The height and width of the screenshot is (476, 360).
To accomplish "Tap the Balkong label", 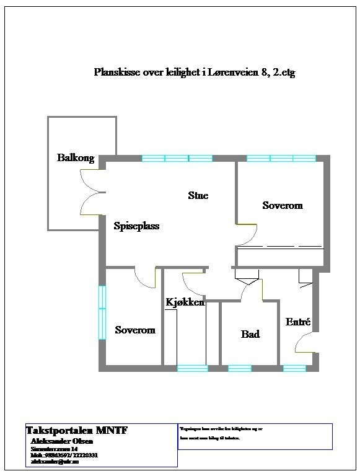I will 76,157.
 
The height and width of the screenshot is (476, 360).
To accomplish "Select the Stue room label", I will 198,196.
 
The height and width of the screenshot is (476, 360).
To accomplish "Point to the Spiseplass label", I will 136,226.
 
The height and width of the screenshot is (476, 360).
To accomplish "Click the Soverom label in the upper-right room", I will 283,205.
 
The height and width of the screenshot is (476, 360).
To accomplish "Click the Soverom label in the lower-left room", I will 135,330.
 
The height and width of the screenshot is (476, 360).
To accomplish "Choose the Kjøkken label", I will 185,302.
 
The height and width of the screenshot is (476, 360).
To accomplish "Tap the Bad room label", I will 250,334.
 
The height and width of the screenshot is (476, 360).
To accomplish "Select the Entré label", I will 297,322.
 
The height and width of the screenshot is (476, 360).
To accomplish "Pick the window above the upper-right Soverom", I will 281,158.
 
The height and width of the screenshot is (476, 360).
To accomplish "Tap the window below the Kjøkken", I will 193,368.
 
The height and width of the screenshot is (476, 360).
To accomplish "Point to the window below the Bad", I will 240,368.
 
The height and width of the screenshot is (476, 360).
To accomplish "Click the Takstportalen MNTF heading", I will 76,430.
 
